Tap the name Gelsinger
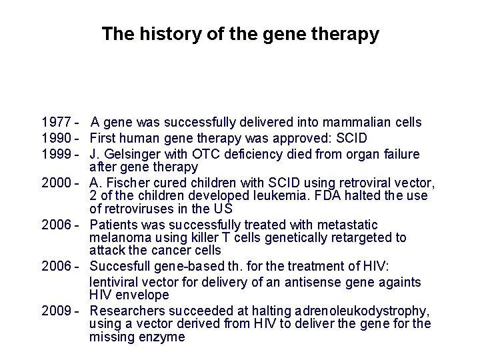click(x=131, y=155)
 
